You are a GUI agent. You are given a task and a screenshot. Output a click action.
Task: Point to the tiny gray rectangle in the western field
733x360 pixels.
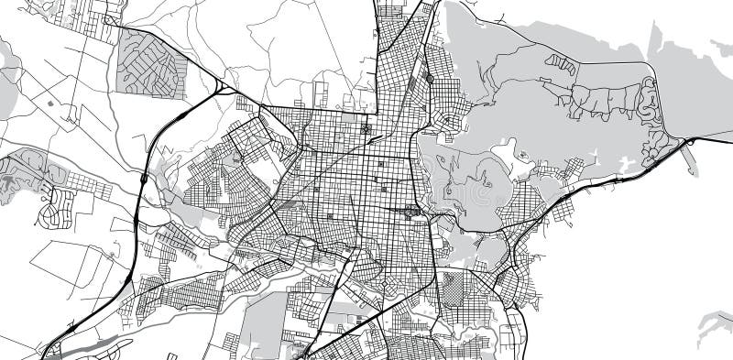point(49,104)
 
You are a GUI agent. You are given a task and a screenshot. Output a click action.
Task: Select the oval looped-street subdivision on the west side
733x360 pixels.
point(55,207)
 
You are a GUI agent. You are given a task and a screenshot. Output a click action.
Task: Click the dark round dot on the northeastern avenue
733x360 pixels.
point(430,80)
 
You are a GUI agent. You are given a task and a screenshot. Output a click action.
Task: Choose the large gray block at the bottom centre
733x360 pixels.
point(267,325)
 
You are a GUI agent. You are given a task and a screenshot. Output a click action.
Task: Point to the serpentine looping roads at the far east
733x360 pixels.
point(651,119)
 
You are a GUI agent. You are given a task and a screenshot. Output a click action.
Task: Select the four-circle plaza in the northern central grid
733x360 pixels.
point(367,129)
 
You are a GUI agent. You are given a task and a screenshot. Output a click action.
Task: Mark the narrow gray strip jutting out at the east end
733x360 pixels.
point(687,158)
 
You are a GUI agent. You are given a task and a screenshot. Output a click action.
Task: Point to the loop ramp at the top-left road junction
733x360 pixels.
point(111,18)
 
